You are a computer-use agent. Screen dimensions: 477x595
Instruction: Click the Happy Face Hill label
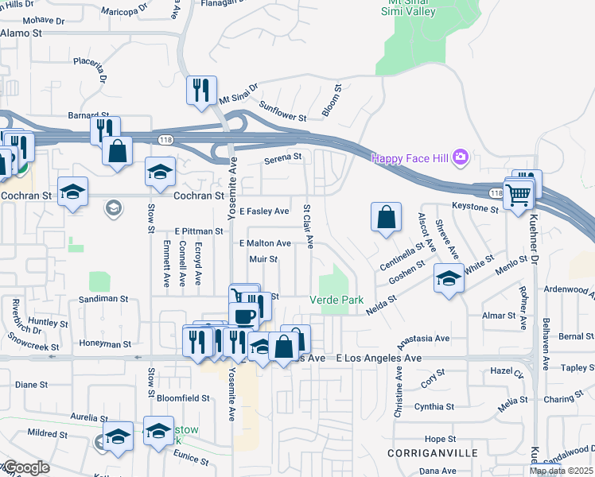click(410, 158)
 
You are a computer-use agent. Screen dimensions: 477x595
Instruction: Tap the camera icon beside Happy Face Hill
click(460, 158)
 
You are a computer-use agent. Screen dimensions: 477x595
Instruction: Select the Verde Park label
click(336, 300)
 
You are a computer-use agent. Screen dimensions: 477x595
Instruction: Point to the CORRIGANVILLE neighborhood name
click(433, 452)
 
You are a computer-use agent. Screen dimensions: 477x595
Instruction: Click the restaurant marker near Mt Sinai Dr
click(201, 90)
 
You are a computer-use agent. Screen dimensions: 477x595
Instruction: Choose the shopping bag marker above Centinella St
click(386, 216)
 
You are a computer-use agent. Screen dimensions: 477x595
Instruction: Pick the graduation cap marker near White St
click(449, 279)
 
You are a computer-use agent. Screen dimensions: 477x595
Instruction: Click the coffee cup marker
click(244, 315)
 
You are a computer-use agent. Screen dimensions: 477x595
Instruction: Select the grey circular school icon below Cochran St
click(113, 209)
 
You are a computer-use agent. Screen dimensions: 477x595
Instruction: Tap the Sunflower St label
click(283, 111)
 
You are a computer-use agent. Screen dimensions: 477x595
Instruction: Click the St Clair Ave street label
click(306, 226)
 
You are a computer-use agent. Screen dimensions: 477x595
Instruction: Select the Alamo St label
click(21, 33)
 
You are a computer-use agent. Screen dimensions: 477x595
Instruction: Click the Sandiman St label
click(103, 299)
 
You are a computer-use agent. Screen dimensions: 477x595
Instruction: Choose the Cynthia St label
click(434, 407)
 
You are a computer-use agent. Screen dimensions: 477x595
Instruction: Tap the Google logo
click(26, 467)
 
